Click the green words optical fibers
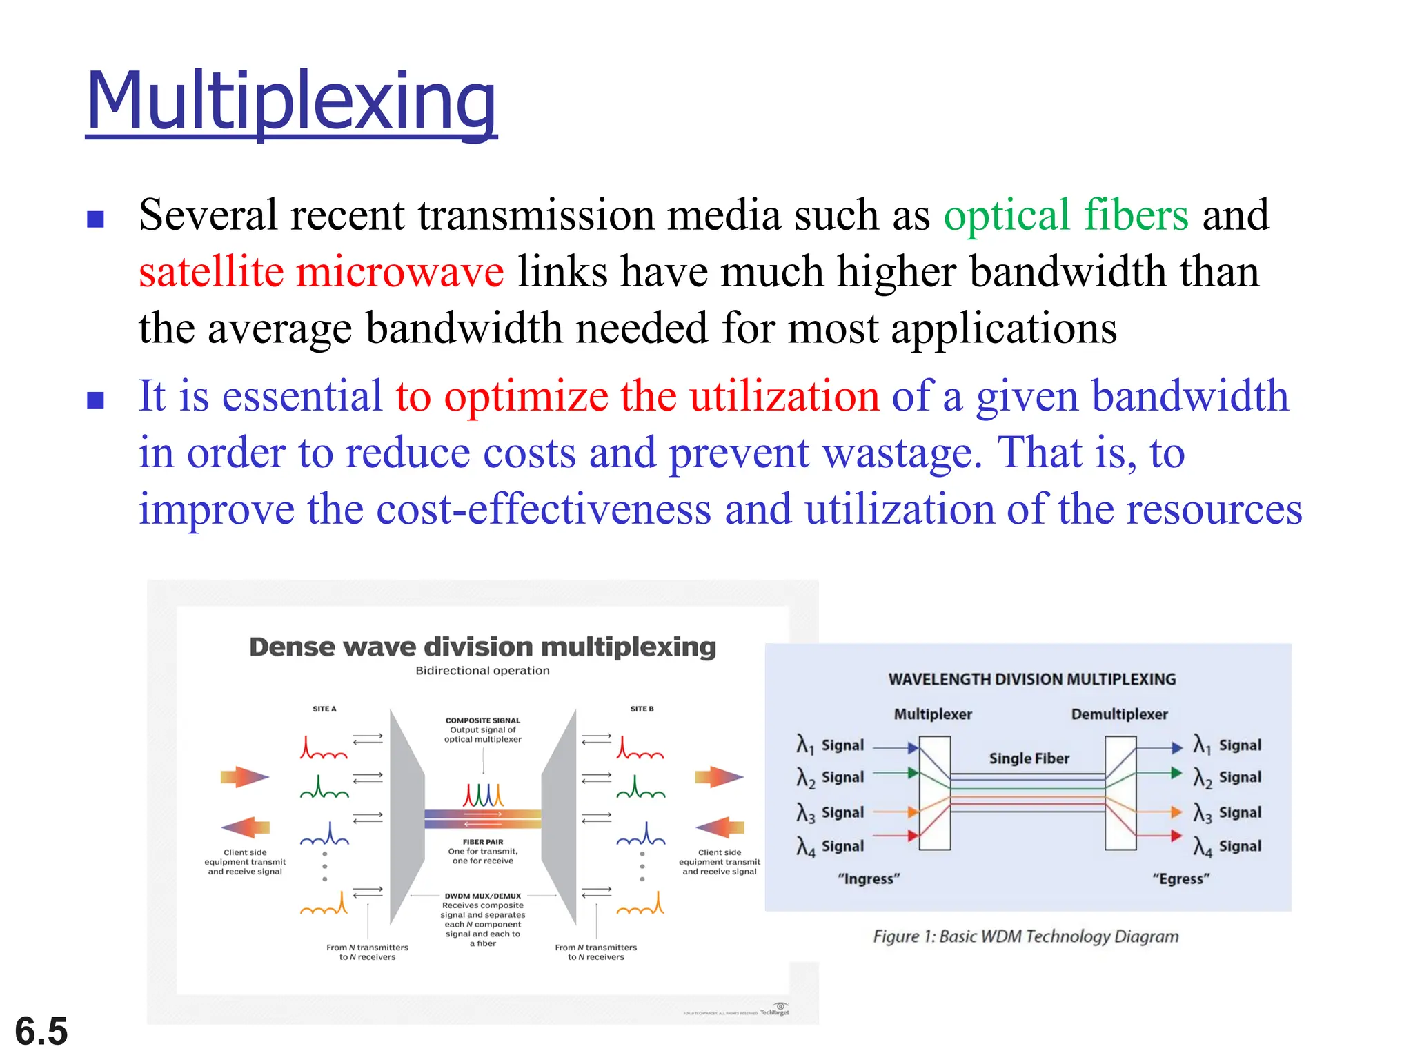(x=1066, y=215)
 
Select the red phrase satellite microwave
(x=321, y=271)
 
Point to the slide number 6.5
(x=41, y=1031)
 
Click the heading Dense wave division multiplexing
(x=482, y=647)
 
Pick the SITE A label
(x=324, y=709)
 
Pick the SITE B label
(x=642, y=709)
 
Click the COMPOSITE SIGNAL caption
(x=482, y=720)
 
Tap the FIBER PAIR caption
(x=482, y=842)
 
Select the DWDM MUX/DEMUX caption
(x=482, y=896)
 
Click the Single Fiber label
(x=1029, y=758)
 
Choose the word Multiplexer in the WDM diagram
(x=933, y=714)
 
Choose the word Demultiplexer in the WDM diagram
(x=1119, y=714)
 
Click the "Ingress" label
(x=869, y=879)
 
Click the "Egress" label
(x=1180, y=879)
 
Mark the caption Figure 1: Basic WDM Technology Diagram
(x=1025, y=936)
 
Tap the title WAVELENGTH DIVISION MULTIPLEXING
(x=1031, y=679)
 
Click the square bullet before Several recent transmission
(x=95, y=219)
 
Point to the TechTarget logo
(x=775, y=1010)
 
